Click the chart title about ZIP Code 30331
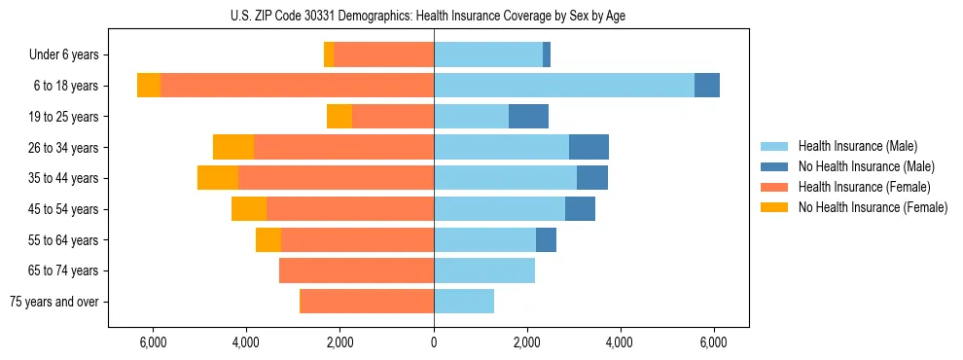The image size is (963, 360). [434, 15]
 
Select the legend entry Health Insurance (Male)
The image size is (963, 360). [857, 146]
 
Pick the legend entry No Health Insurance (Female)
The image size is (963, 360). [872, 207]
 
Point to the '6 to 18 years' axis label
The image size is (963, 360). [66, 86]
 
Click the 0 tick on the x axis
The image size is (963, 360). [434, 342]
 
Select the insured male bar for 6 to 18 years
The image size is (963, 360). [564, 86]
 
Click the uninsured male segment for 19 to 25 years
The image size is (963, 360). [528, 117]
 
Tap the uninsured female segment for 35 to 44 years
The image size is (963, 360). [218, 178]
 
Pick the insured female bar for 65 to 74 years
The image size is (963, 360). [356, 270]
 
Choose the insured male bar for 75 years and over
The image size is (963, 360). [464, 302]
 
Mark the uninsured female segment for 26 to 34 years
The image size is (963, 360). [233, 147]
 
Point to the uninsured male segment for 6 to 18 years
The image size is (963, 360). [707, 86]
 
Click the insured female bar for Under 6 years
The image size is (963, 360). [384, 55]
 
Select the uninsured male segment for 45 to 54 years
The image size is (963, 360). [580, 209]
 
